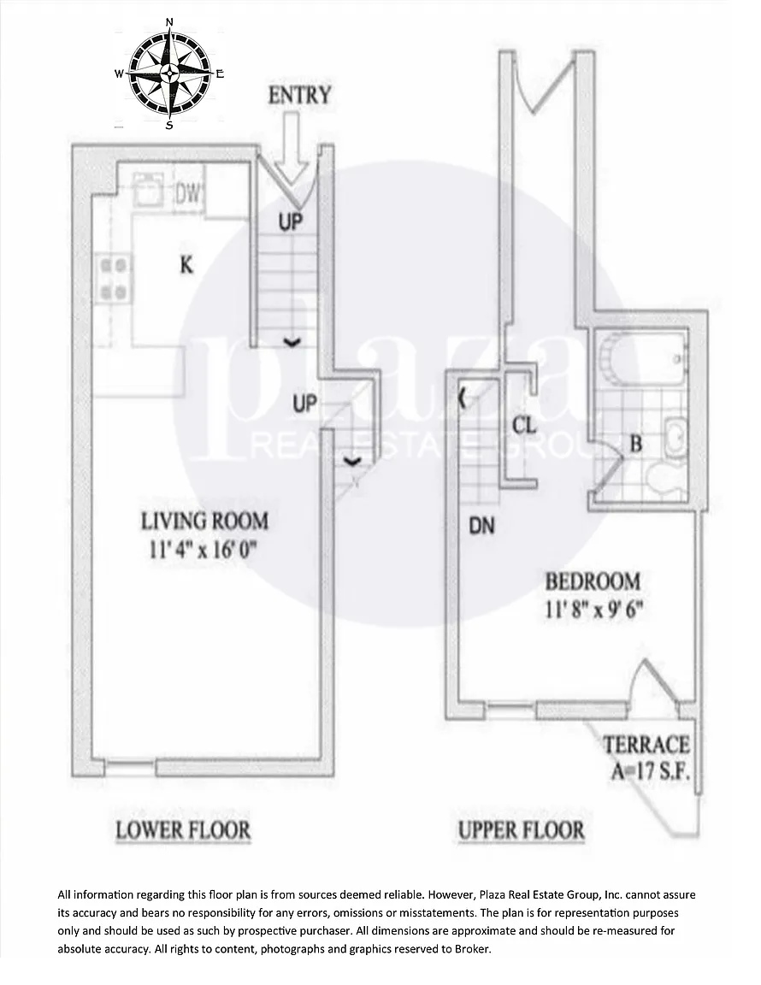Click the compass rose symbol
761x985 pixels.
click(169, 74)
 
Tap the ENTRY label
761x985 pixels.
click(299, 96)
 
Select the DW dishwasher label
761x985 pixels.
click(188, 193)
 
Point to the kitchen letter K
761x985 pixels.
click(186, 265)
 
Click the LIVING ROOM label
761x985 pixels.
click(204, 521)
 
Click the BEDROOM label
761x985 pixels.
click(593, 581)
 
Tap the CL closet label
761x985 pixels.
click(524, 425)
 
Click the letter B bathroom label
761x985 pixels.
click(635, 444)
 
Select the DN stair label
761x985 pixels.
click(481, 525)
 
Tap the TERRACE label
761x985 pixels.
click(646, 745)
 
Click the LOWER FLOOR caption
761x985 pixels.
click(183, 830)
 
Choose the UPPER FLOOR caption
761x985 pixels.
click(521, 830)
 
